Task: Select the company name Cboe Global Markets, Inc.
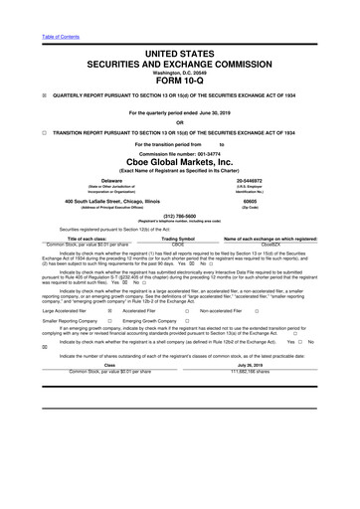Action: tap(180, 162)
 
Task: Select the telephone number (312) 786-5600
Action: tap(180, 219)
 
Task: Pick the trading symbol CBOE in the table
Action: tap(179, 244)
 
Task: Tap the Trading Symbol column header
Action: tap(179, 239)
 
